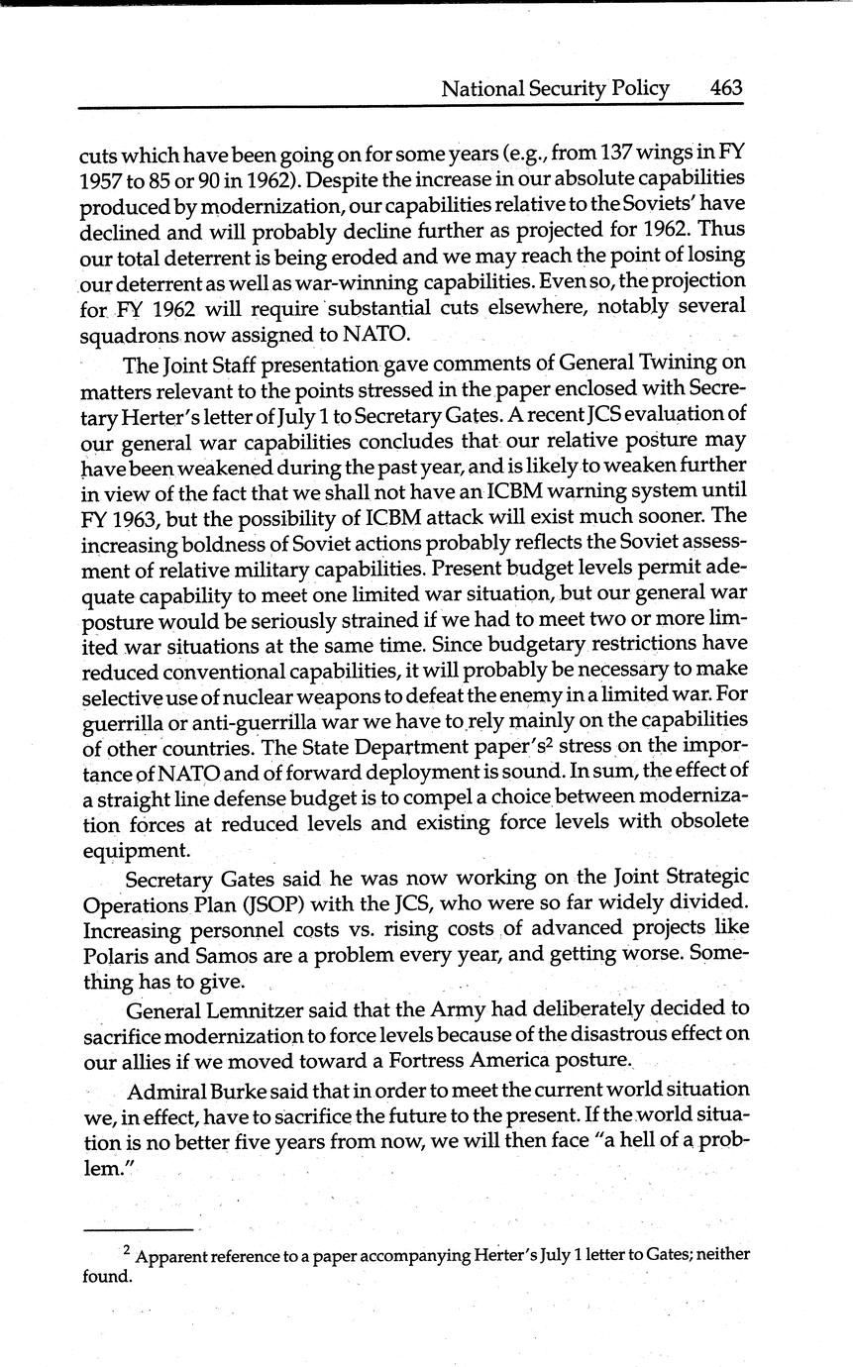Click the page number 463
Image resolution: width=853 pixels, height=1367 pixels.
726,88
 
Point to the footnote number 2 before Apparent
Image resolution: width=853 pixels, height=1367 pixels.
127,1251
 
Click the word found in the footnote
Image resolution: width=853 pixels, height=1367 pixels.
107,1276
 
